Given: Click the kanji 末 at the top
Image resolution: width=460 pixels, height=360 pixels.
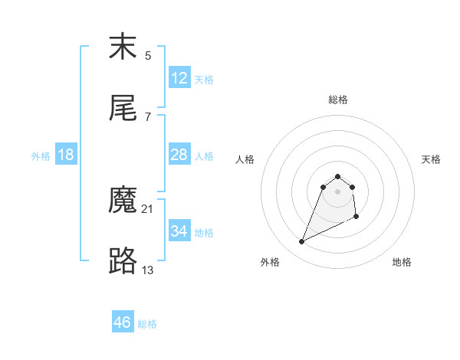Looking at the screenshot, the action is click(x=123, y=47).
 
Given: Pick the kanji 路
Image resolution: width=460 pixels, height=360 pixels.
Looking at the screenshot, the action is click(x=123, y=260).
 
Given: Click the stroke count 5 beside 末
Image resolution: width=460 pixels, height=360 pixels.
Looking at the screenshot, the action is click(x=147, y=56).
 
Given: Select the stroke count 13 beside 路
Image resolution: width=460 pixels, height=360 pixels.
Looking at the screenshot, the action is click(x=148, y=269).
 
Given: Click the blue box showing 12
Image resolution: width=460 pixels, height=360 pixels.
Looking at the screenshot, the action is click(x=179, y=78).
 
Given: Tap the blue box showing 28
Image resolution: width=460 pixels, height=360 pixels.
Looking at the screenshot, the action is click(x=179, y=155).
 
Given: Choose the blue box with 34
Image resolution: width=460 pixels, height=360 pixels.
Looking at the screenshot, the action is click(x=179, y=231).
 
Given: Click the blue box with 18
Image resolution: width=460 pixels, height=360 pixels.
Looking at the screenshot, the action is click(x=66, y=155).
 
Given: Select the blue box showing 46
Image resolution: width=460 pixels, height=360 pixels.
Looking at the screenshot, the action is click(x=123, y=322).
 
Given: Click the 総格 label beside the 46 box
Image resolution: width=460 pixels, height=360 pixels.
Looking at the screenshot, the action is click(x=147, y=324).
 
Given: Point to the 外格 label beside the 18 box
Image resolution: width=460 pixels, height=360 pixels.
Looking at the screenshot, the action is click(x=41, y=156).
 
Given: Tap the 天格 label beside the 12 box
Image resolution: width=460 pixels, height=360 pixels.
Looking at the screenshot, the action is click(x=204, y=80).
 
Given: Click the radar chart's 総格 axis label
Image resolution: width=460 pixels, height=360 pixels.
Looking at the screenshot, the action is click(x=338, y=100).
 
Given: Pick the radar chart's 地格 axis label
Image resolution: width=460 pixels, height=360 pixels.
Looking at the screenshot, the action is click(x=402, y=262).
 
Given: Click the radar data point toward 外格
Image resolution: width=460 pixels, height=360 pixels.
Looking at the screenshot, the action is click(x=301, y=242).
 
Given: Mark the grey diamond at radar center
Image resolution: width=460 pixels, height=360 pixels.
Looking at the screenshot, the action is click(x=338, y=191).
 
